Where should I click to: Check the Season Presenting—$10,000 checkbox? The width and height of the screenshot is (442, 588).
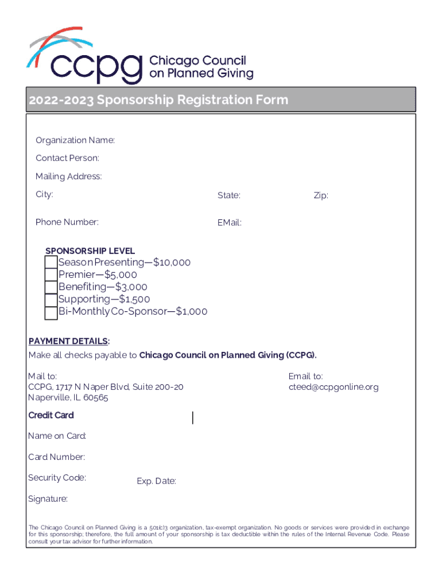click(51, 263)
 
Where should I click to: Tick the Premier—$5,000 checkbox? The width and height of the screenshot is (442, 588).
click(51, 275)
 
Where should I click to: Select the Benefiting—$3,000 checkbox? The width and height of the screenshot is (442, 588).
click(51, 287)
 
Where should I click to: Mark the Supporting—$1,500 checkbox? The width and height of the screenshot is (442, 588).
click(51, 299)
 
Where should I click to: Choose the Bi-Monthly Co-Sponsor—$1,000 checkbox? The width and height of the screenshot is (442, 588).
click(51, 312)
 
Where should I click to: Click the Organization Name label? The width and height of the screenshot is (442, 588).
click(75, 141)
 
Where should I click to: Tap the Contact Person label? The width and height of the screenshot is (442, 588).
click(67, 158)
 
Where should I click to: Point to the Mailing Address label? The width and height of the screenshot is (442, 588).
click(69, 176)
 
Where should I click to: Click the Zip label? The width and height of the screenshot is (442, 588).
click(321, 196)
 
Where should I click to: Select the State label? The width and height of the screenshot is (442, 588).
click(229, 196)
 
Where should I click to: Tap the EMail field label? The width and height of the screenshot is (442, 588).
click(230, 223)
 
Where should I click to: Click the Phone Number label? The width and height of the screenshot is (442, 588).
click(67, 222)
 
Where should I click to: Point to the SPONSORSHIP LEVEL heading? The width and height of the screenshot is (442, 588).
click(90, 251)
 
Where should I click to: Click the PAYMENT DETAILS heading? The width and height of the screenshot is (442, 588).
click(69, 342)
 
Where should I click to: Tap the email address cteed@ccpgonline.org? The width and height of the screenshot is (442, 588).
click(334, 387)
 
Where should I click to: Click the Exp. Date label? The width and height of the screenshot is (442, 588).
click(156, 481)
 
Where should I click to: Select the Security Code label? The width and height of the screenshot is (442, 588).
click(57, 478)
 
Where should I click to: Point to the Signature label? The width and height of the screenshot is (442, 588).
click(48, 499)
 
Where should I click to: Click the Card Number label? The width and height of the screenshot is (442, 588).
click(57, 457)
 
